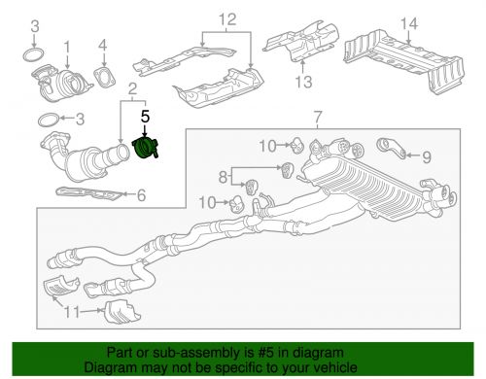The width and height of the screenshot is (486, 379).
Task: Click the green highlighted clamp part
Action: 145,149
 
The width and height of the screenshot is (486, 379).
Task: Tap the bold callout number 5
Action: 145,117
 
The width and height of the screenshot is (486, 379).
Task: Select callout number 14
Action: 409,23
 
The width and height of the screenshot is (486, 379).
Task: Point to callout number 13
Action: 303,82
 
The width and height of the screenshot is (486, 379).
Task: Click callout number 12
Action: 227,19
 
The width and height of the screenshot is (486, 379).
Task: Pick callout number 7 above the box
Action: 318,117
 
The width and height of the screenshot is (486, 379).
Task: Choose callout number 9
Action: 427,157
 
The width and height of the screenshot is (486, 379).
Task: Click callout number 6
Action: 142,195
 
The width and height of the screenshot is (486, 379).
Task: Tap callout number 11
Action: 71,312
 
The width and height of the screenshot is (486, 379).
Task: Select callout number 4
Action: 102,46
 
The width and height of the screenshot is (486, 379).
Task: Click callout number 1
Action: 67,47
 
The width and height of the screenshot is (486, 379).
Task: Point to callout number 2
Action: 132,89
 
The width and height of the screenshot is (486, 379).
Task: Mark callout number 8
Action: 223,177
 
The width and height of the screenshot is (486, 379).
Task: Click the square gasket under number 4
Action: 105,78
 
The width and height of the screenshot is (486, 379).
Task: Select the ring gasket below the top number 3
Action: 34,55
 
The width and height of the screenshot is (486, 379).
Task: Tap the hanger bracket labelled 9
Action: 391,148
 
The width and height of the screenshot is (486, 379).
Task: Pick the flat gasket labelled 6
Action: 89,193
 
